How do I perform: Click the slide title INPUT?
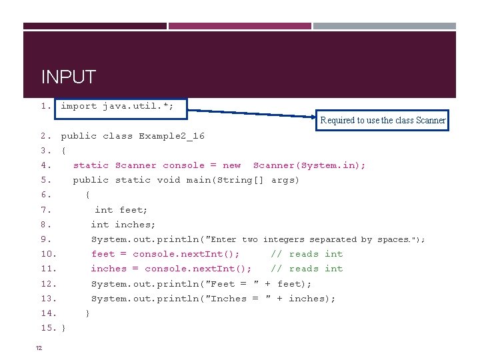click(69, 77)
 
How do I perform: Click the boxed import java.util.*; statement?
click(117, 106)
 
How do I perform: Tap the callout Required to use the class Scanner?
click(383, 120)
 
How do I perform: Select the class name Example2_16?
click(171, 136)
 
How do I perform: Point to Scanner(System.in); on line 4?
click(309, 165)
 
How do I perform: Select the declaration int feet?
click(121, 210)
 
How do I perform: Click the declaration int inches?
click(123, 225)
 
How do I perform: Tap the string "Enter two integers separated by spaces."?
click(313, 239)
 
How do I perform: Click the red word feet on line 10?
click(103, 254)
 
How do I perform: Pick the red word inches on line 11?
click(109, 269)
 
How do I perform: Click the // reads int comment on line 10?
click(307, 254)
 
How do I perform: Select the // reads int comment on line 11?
click(307, 269)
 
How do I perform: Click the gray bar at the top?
click(384, 26)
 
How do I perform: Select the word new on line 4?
click(231, 165)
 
